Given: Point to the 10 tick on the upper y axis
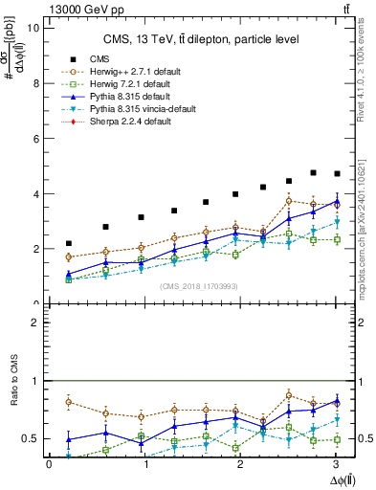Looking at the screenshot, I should click(35, 28).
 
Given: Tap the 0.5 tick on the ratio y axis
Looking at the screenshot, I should click(33, 438).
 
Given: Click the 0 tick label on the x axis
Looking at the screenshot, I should click(49, 465).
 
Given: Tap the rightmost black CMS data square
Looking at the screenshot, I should click(336, 173).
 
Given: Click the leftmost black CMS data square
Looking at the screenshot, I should click(68, 243).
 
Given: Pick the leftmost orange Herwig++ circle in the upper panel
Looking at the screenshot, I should click(68, 256).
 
